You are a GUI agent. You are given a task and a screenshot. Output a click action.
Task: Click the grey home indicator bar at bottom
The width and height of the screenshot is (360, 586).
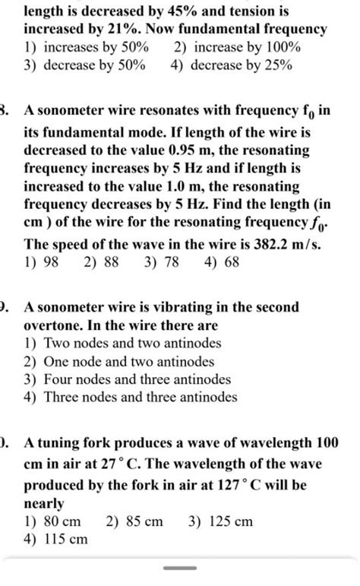point(180,569)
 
